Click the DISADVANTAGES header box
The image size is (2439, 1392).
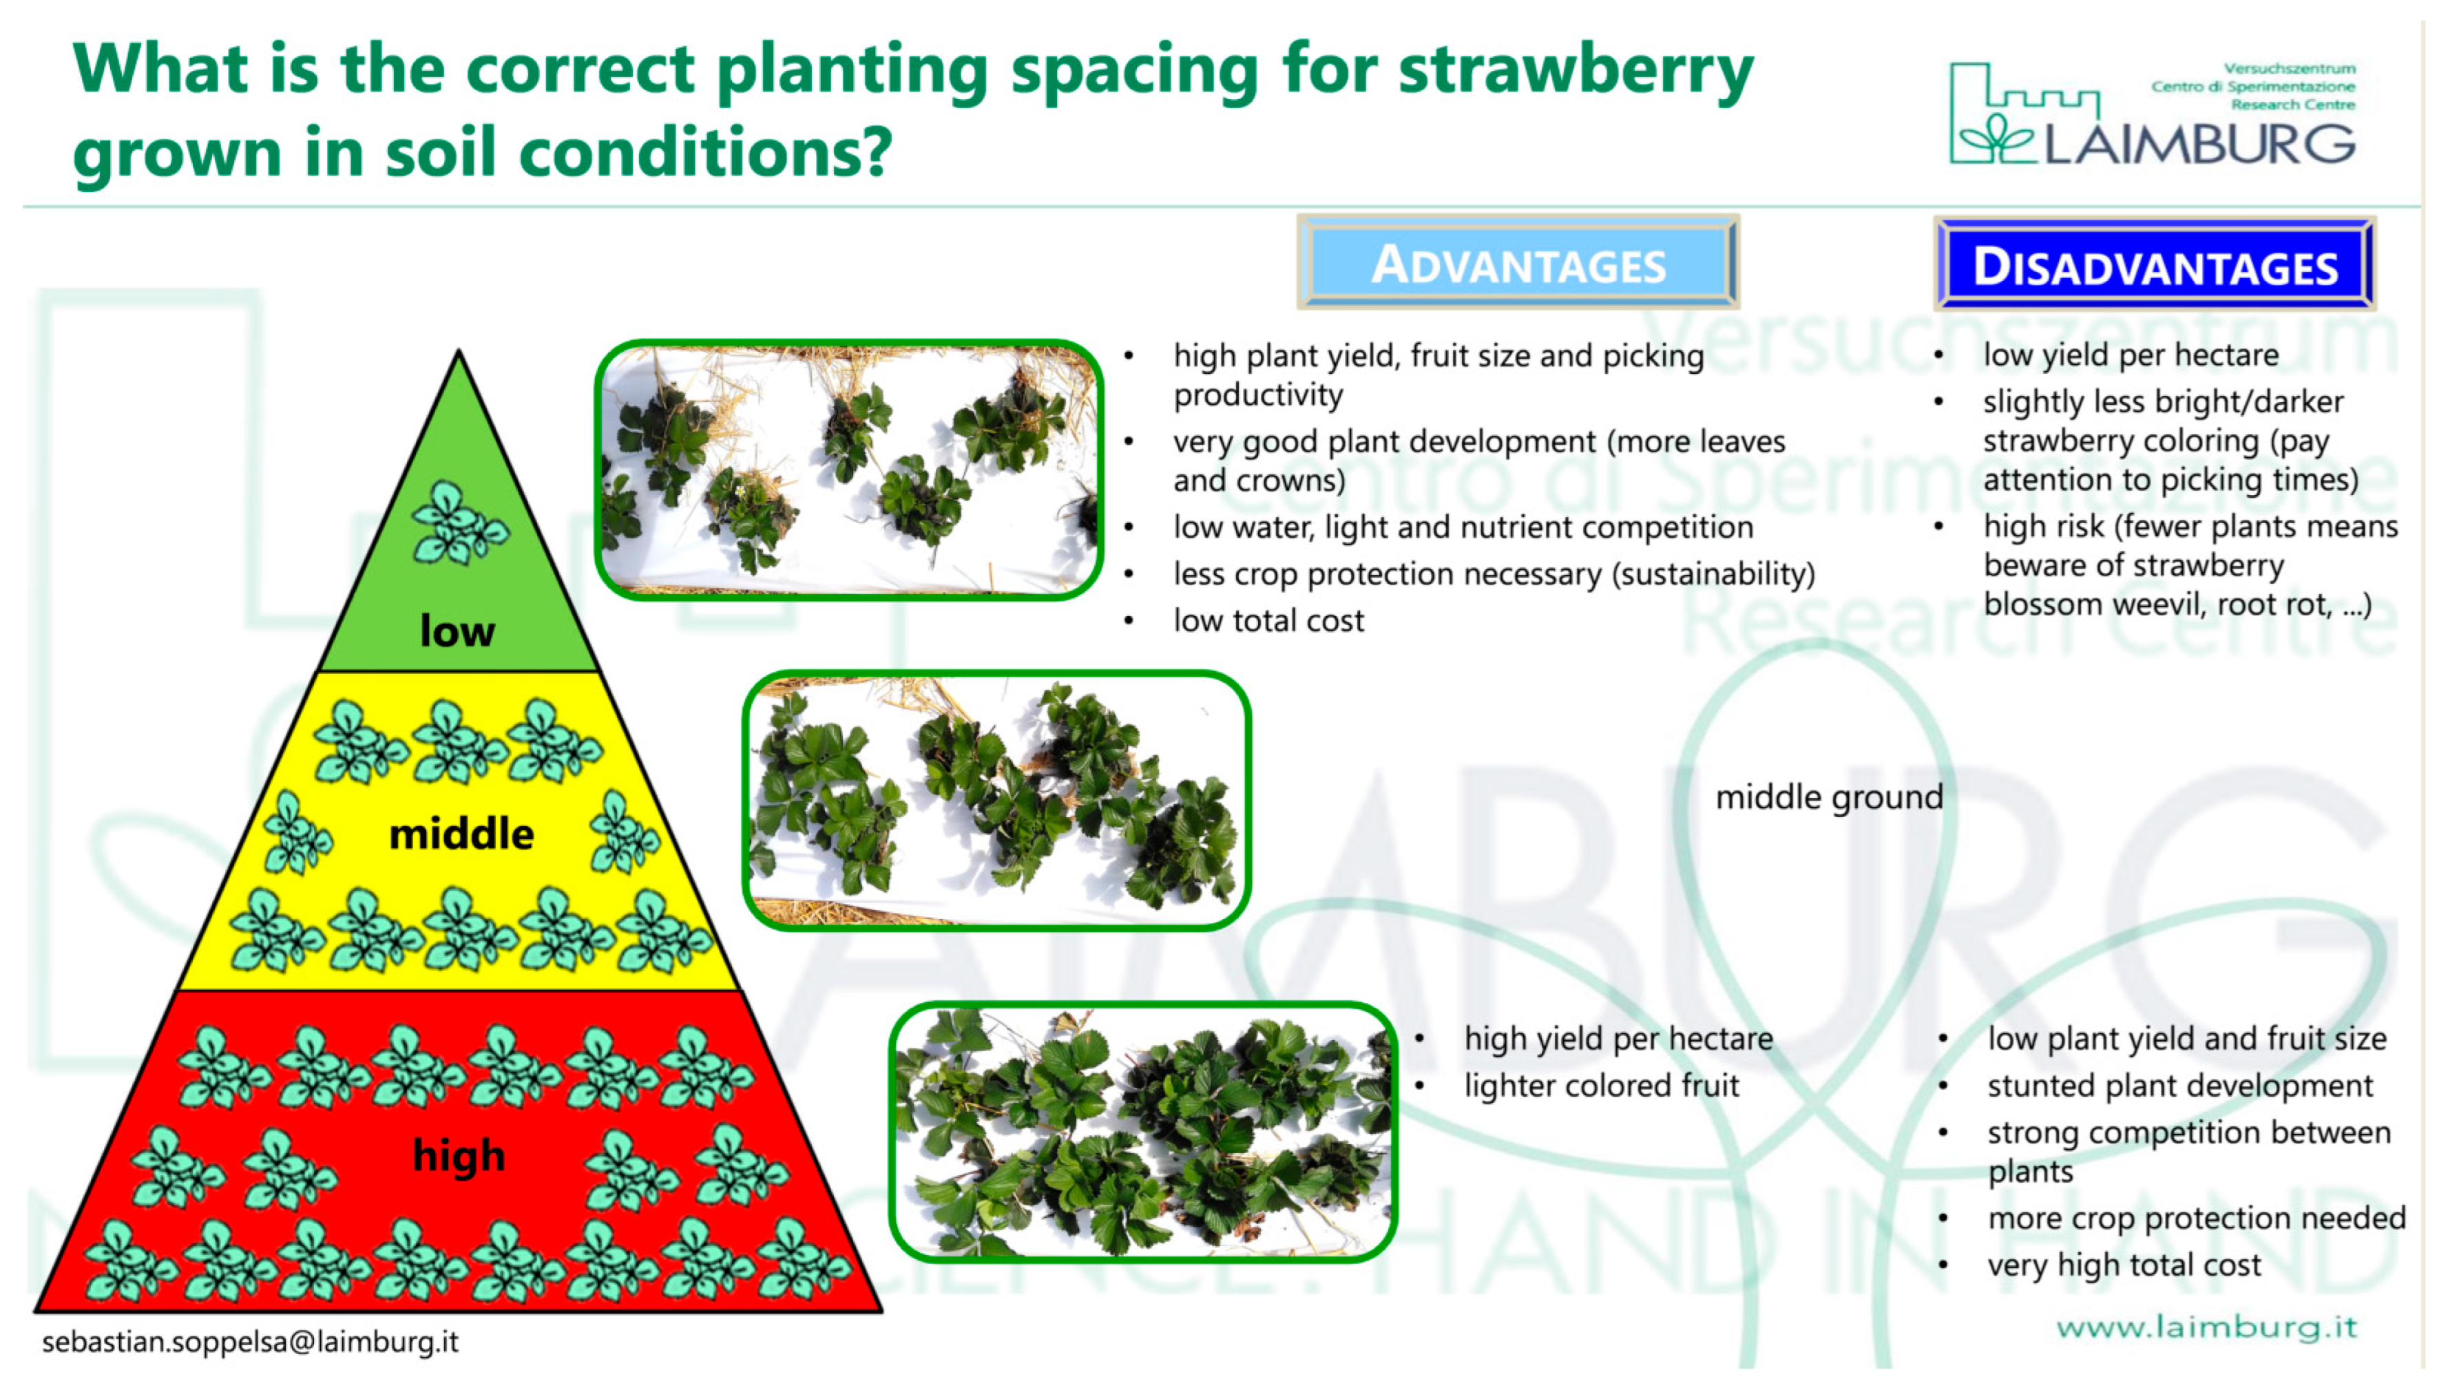point(2153,265)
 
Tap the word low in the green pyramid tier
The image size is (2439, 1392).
point(457,631)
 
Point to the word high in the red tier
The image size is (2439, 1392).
point(458,1156)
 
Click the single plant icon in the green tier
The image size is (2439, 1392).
point(458,524)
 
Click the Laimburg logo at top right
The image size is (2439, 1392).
point(2151,115)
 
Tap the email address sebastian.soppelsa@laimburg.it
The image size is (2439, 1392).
point(251,1342)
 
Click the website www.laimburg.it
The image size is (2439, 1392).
point(2206,1327)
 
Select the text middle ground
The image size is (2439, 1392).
point(1828,797)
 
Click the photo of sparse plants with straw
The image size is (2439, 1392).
point(848,470)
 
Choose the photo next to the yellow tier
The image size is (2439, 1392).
point(996,800)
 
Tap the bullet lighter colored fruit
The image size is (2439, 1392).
point(1600,1086)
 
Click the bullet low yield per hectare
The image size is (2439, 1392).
point(2131,355)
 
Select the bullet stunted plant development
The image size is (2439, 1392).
point(2179,1086)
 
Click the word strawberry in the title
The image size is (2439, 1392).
point(1575,72)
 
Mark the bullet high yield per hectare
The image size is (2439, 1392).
point(1618,1040)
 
